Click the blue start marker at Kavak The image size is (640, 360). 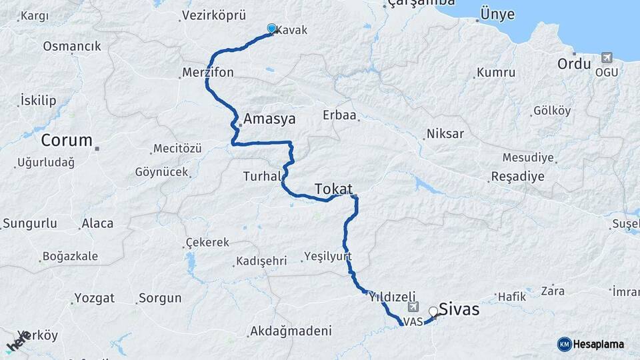(x=271, y=28)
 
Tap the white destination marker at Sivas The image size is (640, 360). (x=433, y=311)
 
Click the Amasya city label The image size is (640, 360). (x=269, y=119)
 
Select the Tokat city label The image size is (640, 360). (x=333, y=189)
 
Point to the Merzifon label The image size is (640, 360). (x=208, y=73)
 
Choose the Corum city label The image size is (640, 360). (x=67, y=141)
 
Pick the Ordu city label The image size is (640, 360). (x=574, y=64)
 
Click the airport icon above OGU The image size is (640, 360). (x=607, y=58)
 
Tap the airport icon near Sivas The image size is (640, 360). (x=413, y=307)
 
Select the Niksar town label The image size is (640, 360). (x=446, y=134)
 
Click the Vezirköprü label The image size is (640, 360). (x=214, y=15)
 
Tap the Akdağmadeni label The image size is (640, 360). (x=291, y=331)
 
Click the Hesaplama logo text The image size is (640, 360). (x=599, y=344)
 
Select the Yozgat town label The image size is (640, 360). (x=95, y=298)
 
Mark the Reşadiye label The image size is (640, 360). (x=517, y=177)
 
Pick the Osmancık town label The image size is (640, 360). (x=72, y=47)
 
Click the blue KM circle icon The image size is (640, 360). (x=564, y=344)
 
